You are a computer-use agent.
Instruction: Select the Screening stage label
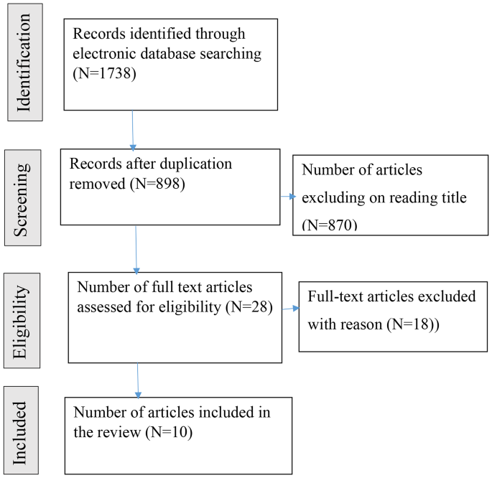click(24, 193)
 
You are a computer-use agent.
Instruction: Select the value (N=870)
click(329, 225)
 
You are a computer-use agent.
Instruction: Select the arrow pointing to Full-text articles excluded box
click(290, 309)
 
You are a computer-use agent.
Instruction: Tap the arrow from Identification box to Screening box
click(133, 129)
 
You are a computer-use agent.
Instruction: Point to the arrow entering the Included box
click(138, 379)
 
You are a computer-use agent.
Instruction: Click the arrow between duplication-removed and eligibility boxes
click(136, 247)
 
